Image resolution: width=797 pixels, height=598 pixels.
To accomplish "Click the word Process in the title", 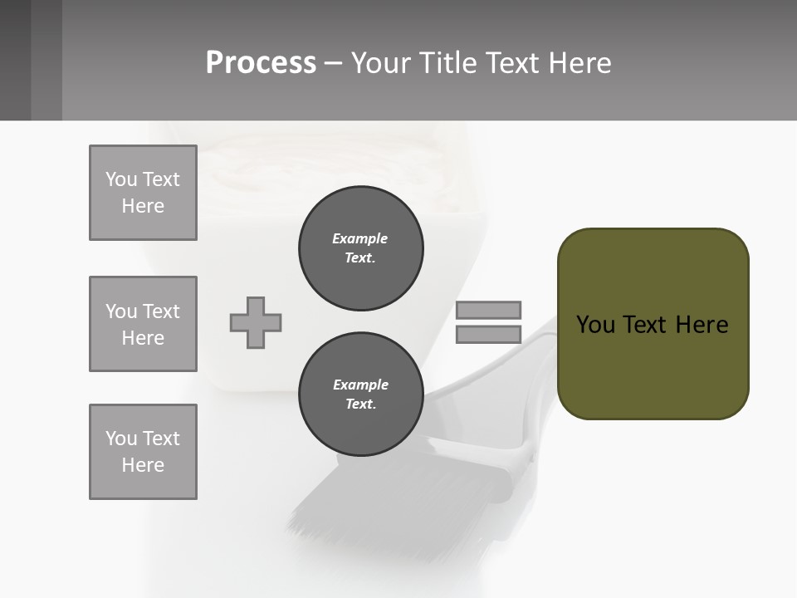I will pos(261,63).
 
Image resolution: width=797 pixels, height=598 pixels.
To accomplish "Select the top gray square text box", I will pos(143,193).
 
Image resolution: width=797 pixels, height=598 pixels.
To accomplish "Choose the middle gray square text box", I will pos(143,324).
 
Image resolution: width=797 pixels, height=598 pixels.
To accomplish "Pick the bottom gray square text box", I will pos(143,452).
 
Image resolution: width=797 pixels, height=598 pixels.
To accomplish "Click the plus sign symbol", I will pos(256,322).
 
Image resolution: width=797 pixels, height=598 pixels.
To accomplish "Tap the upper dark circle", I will pos(361,248).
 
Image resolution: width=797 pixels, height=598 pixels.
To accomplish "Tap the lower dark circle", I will pos(361,395).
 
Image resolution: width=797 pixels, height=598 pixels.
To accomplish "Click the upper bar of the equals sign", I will pos(488,310).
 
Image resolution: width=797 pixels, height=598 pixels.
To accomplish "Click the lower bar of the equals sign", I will pos(488,334).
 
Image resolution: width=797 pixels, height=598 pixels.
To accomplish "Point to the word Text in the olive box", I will pos(648,325).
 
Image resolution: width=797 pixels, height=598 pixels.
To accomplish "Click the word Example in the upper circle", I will pos(360,238).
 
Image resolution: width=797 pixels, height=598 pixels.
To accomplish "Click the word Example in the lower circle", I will pos(360,385).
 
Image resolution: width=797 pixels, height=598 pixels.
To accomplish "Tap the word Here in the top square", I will pos(143,206).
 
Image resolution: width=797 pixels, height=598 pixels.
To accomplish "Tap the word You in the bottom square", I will pos(120,439).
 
